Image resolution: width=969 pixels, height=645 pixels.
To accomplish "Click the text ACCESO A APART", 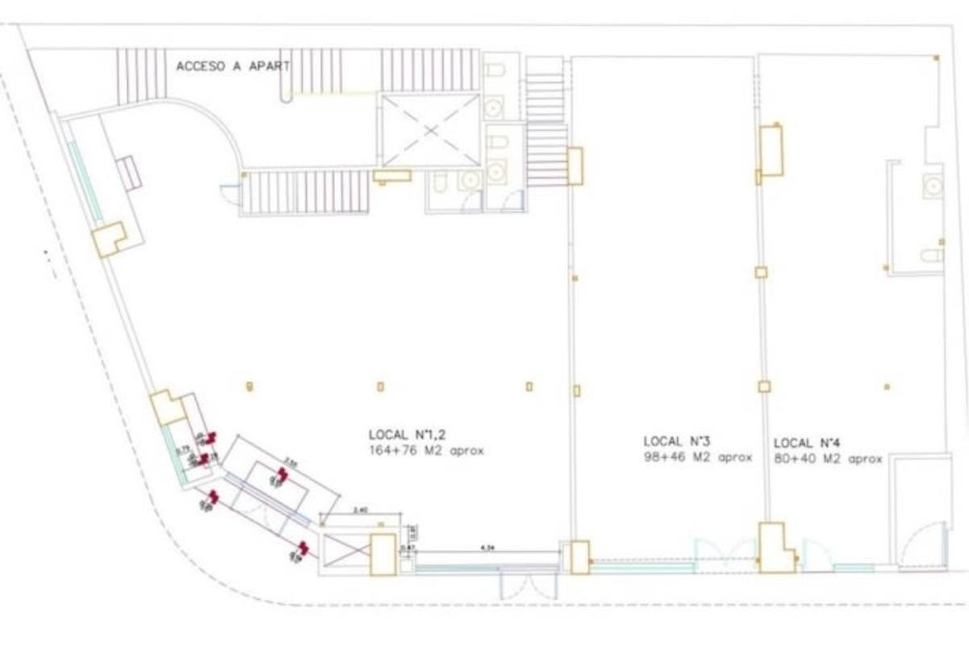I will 232,66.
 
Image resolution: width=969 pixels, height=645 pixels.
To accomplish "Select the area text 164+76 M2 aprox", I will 426,451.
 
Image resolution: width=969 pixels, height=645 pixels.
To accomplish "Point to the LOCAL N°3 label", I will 676,441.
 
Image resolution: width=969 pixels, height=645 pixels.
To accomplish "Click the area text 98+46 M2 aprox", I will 697,457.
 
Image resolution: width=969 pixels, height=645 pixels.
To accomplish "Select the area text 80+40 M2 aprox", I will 828,459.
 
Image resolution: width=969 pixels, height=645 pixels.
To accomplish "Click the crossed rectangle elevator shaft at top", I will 430,130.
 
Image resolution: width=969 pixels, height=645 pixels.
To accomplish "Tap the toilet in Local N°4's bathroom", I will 932,256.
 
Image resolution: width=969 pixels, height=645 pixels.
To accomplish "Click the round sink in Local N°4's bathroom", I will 933,186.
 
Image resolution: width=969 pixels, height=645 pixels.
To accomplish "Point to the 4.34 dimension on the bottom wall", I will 487,547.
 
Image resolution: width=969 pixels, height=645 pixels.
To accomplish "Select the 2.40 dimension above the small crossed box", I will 361,510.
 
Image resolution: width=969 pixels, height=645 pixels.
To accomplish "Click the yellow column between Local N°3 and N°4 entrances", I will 775,548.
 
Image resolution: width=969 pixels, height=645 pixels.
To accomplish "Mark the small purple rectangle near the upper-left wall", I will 129,173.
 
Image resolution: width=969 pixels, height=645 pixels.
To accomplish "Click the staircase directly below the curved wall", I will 304,192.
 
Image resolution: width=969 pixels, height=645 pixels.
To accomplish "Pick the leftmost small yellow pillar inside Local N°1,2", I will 250,386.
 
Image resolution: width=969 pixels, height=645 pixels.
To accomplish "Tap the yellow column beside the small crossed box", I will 382,555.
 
